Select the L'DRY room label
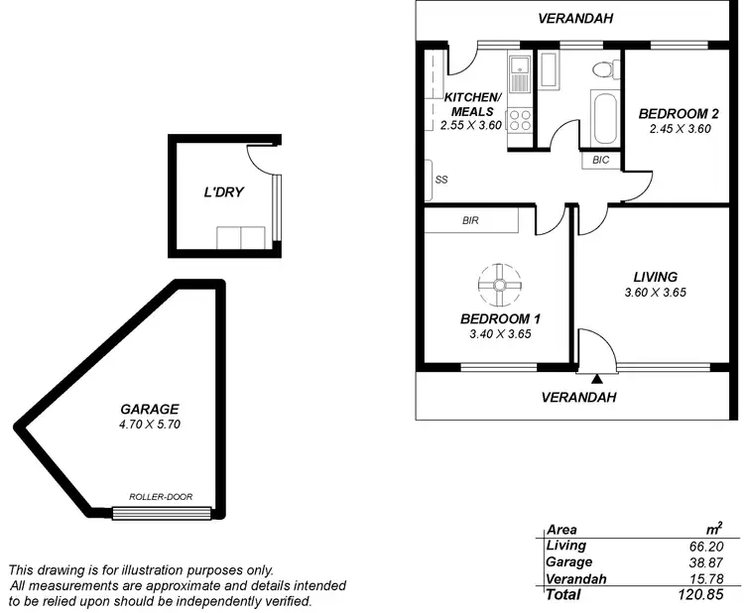[223, 191]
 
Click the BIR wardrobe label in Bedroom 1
[471, 221]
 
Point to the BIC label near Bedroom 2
[600, 160]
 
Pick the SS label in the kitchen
[440, 181]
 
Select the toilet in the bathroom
[599, 70]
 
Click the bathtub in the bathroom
[603, 119]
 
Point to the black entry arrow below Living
[597, 378]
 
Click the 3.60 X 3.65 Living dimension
[656, 293]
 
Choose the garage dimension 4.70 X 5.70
[149, 425]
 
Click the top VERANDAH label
[575, 18]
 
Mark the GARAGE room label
[149, 409]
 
